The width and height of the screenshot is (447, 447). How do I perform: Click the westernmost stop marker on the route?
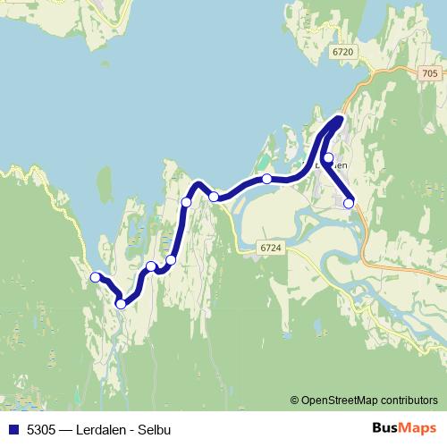click(x=96, y=277)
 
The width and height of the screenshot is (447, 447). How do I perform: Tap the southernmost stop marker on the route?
click(x=121, y=304)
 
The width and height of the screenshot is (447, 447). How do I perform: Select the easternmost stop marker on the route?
click(x=349, y=203)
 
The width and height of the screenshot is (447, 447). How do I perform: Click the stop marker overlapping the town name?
click(x=328, y=158)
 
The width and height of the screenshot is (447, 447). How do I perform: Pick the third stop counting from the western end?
click(x=151, y=266)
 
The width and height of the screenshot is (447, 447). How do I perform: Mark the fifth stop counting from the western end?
click(x=187, y=202)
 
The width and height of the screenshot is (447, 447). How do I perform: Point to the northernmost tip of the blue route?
click(x=340, y=118)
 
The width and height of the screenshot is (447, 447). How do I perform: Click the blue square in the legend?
click(x=13, y=428)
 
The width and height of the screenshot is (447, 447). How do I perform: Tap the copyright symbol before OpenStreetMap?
click(x=294, y=400)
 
